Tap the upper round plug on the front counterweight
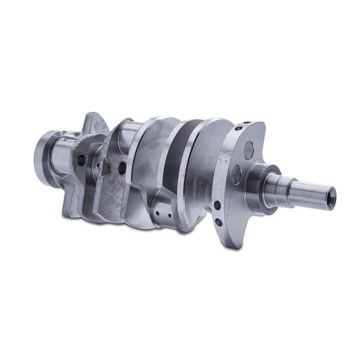(x=249, y=150)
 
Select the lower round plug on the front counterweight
(x=236, y=174)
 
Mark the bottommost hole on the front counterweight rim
(x=218, y=222)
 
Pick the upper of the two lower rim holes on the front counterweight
(x=217, y=205)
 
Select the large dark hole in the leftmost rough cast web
(x=81, y=159)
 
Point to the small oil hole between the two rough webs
(x=98, y=165)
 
